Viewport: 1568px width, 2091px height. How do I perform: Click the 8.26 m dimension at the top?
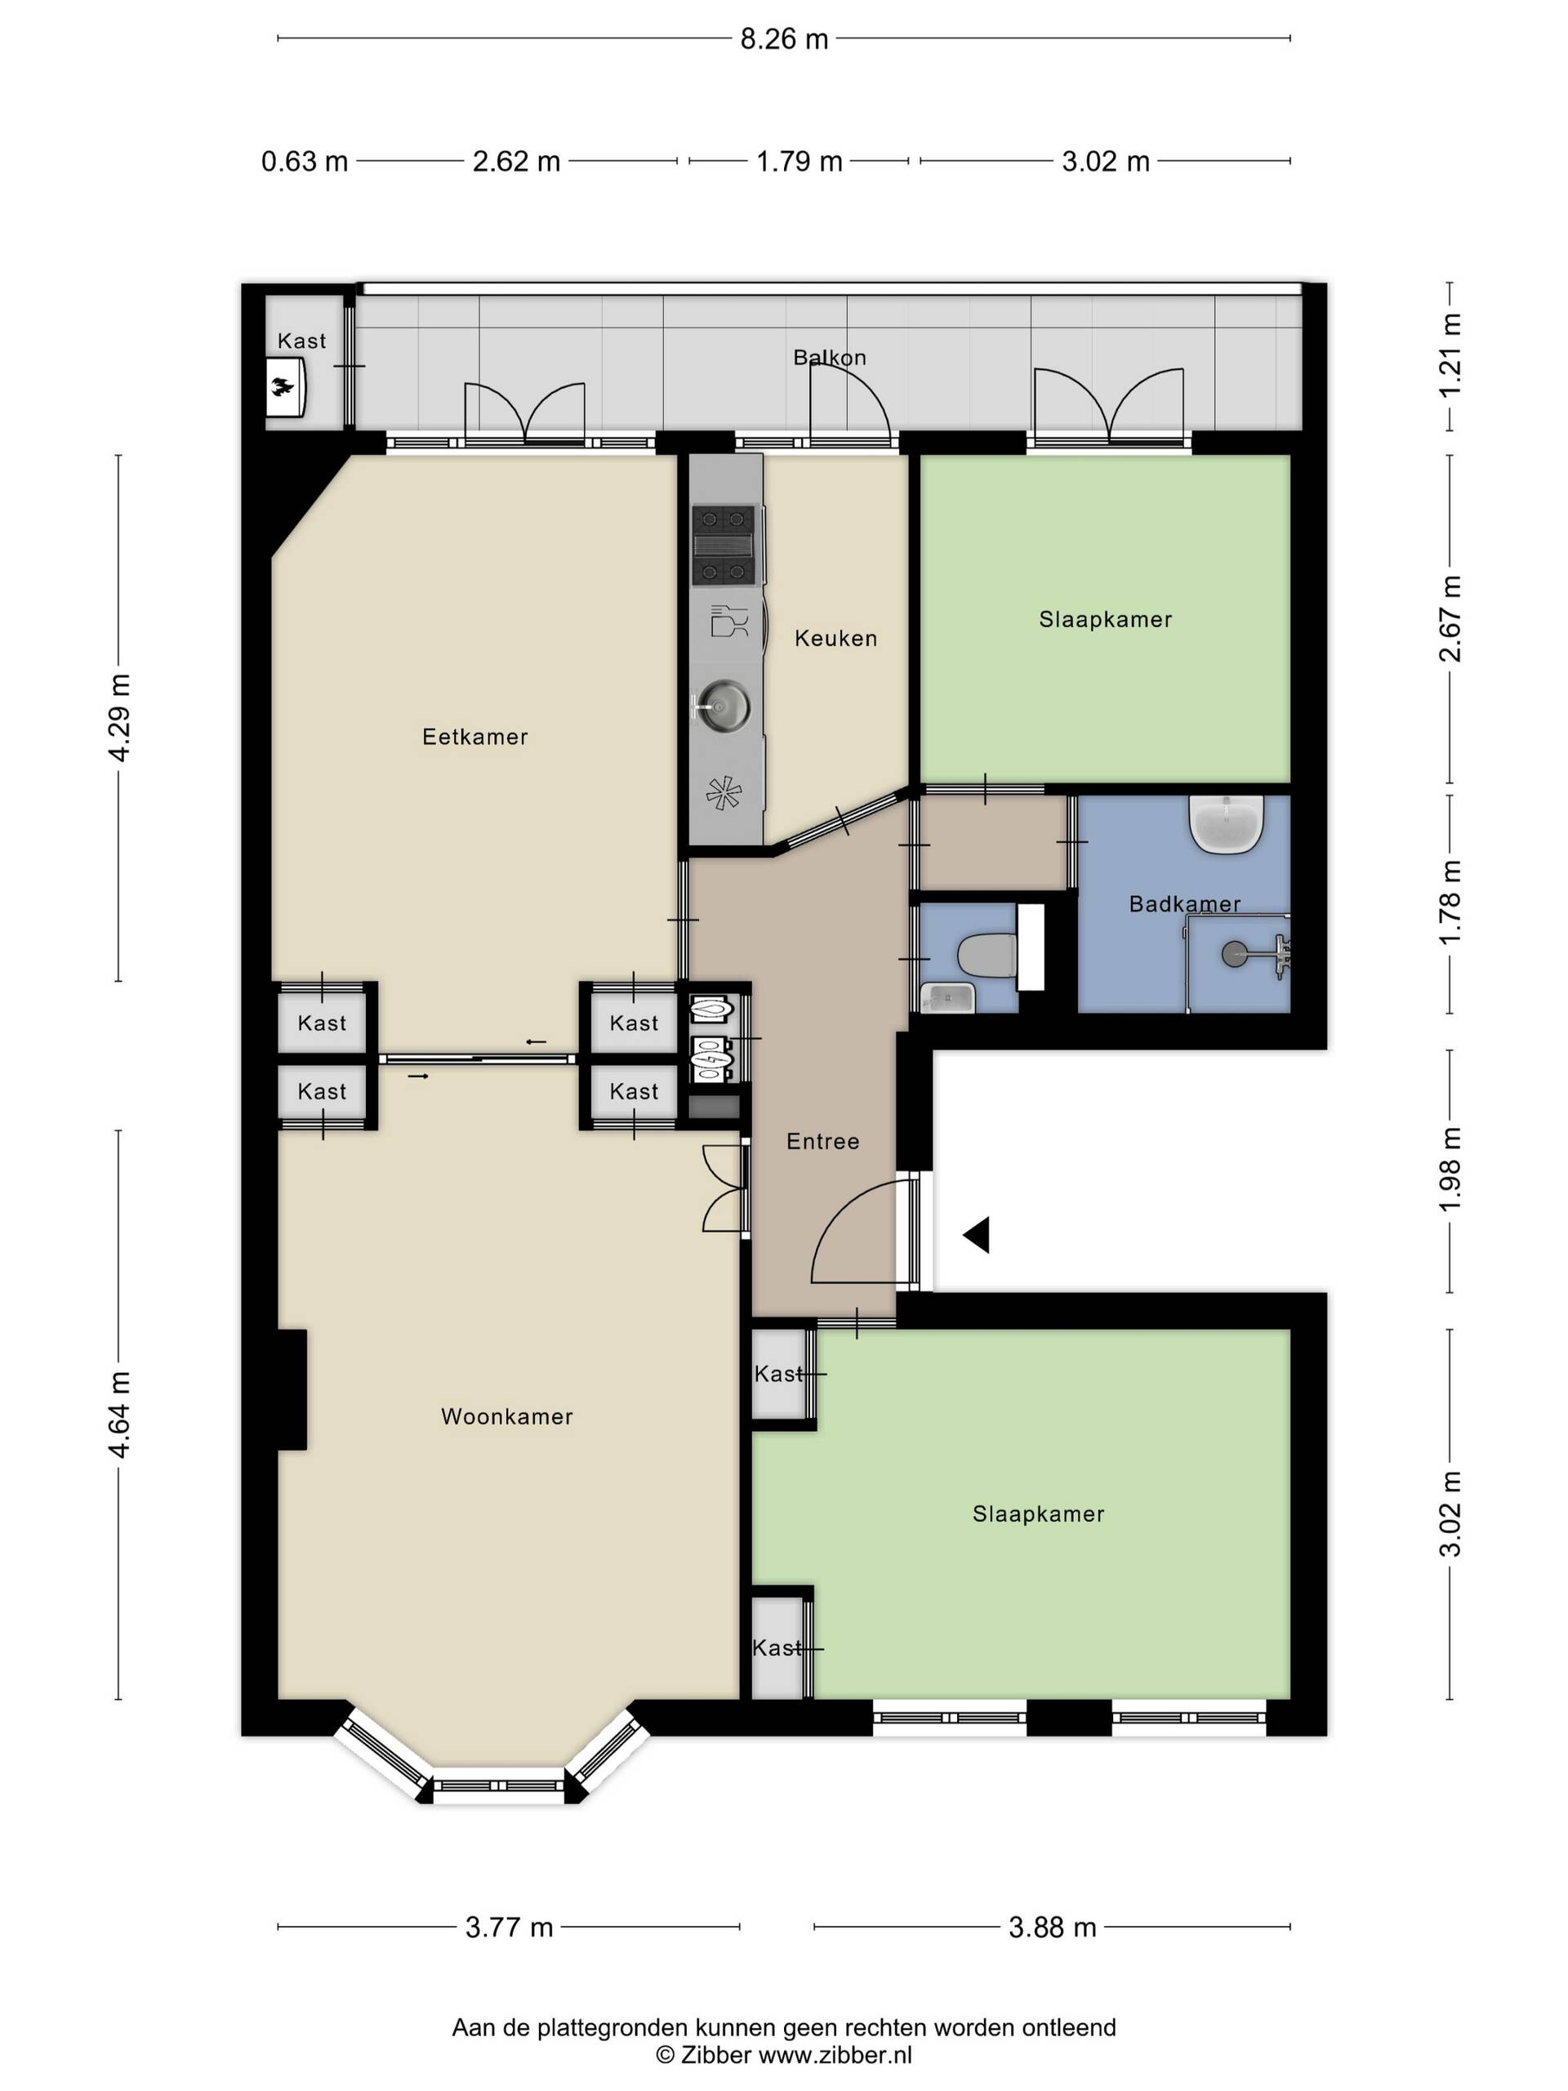(x=783, y=38)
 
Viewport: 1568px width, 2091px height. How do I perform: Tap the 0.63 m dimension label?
(x=305, y=162)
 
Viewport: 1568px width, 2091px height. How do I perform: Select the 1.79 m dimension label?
(x=799, y=162)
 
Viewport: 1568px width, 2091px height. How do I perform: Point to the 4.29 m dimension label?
(x=120, y=717)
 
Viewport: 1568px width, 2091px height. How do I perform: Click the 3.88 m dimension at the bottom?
(x=1052, y=1927)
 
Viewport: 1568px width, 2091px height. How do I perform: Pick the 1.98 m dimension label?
(x=1450, y=1170)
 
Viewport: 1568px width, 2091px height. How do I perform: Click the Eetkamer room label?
(x=474, y=737)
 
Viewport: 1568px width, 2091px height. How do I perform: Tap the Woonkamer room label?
(x=506, y=1416)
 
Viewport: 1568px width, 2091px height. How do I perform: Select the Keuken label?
(x=835, y=638)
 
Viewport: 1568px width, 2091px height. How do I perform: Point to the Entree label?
(x=823, y=1141)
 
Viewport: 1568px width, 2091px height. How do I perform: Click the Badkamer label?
(x=1184, y=903)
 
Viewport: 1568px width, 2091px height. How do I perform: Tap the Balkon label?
(x=829, y=357)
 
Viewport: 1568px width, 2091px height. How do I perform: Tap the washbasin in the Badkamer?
(x=1226, y=823)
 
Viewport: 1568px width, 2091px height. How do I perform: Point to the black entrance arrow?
(x=977, y=1234)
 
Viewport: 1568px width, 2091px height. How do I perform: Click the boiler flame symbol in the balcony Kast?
(x=283, y=386)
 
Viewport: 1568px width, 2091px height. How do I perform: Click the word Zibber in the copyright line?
(x=716, y=2053)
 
